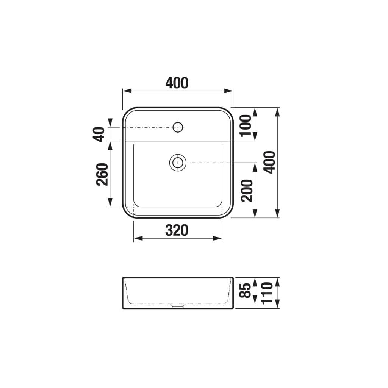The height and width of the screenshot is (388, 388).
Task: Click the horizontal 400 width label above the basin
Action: [x=177, y=83]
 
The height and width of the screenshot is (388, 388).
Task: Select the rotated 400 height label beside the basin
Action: [x=270, y=162]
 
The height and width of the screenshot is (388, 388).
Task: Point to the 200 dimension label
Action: [x=247, y=190]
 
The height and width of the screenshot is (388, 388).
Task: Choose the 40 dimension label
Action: [x=99, y=134]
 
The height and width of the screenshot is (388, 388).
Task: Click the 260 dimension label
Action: [x=102, y=174]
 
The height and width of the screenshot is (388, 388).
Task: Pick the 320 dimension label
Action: [x=177, y=230]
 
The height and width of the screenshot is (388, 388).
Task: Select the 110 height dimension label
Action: [x=268, y=293]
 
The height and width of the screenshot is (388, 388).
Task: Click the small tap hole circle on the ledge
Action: [x=178, y=127]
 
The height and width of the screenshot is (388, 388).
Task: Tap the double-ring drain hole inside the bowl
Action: [x=177, y=163]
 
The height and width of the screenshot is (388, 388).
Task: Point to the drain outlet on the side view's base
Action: [x=177, y=306]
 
